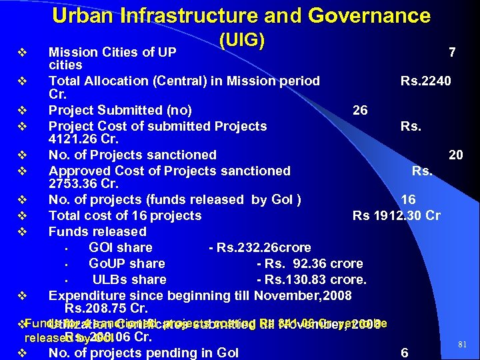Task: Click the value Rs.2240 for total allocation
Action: [x=425, y=81]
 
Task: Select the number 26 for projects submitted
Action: [x=359, y=111]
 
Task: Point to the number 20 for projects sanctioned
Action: [x=456, y=155]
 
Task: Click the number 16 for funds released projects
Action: [x=408, y=200]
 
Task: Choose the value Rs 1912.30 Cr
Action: [x=396, y=216]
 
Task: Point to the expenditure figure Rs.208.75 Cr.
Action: [x=106, y=309]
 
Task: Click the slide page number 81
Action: [x=463, y=344]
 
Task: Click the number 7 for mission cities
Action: [x=452, y=52]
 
